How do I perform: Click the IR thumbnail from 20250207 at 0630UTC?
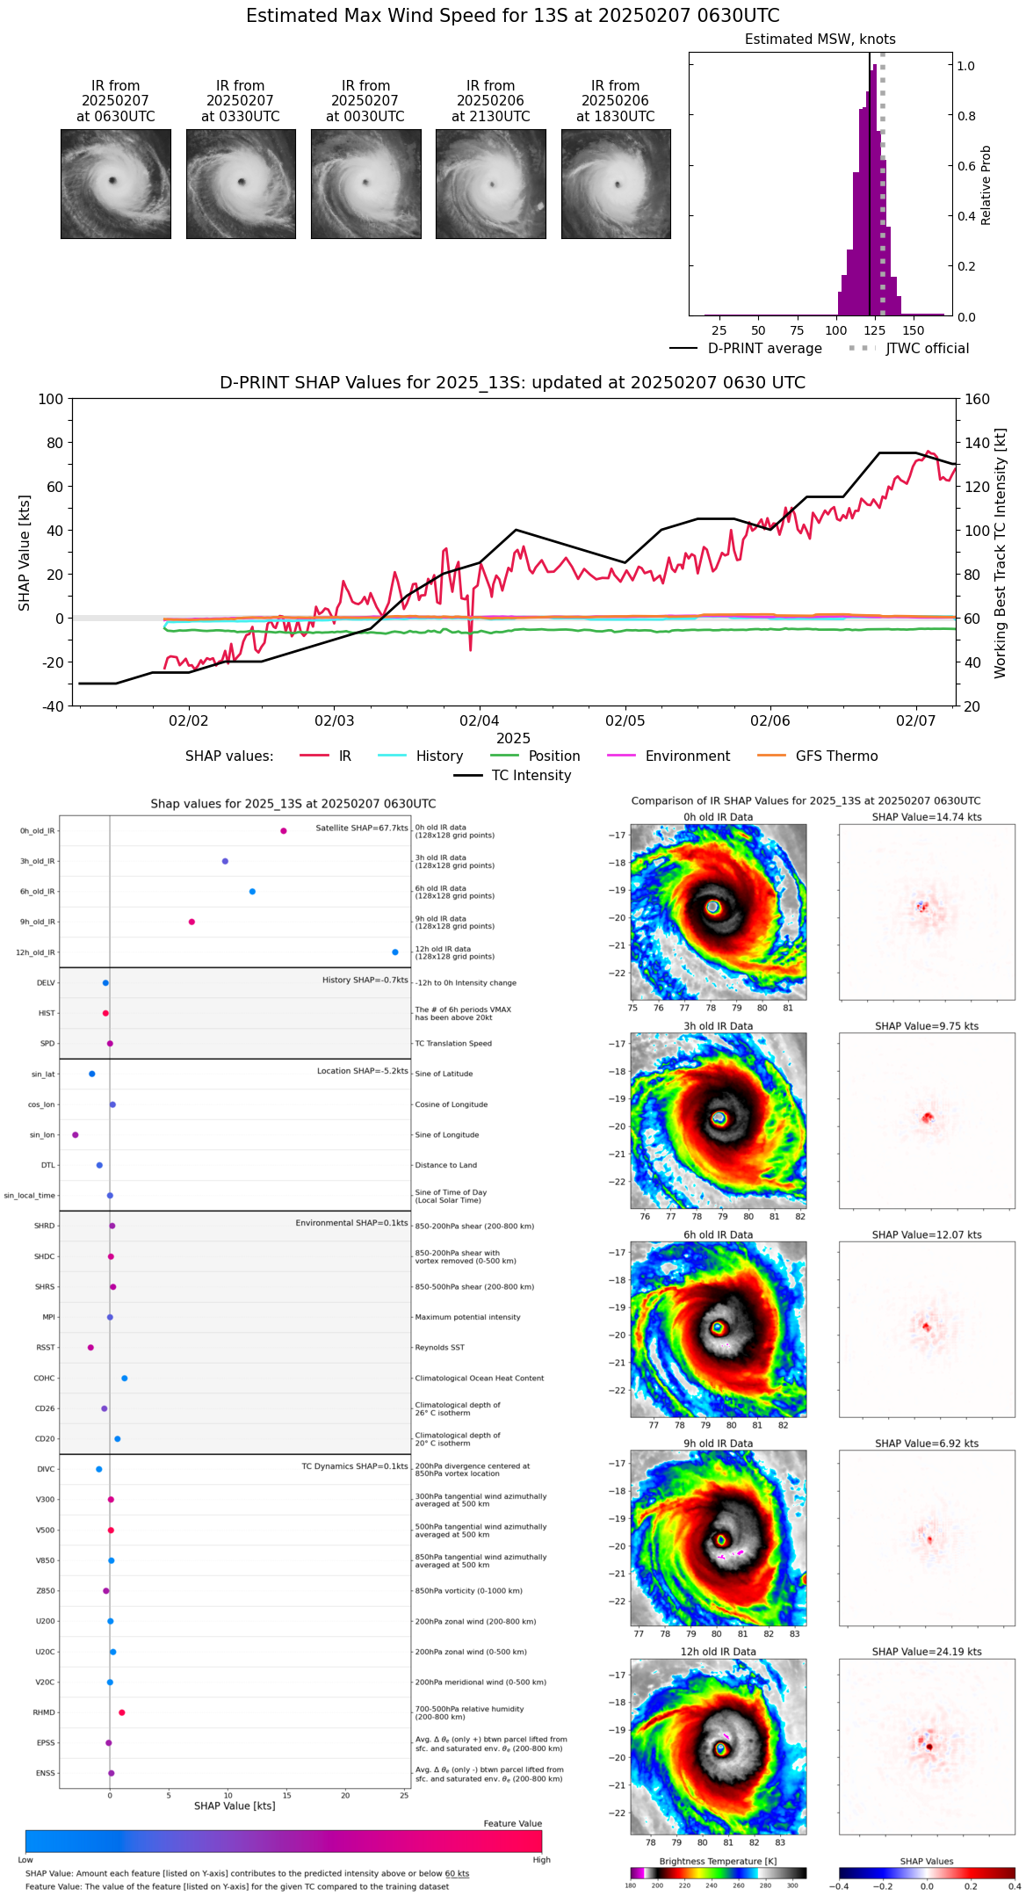(x=115, y=184)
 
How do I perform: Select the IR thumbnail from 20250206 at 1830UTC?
(x=616, y=184)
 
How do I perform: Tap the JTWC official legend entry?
(x=927, y=349)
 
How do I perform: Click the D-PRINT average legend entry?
(x=764, y=349)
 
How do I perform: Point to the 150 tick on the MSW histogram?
(x=914, y=331)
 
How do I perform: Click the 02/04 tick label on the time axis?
(x=480, y=721)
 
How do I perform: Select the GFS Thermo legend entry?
(x=836, y=756)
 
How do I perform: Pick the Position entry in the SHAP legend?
(x=553, y=756)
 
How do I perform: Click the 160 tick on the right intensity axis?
(x=977, y=400)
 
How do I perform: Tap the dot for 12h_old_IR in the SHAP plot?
(x=395, y=952)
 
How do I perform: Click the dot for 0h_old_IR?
(x=283, y=831)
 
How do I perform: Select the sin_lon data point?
(x=76, y=1135)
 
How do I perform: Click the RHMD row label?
(x=44, y=1712)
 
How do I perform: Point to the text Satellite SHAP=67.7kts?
(x=362, y=829)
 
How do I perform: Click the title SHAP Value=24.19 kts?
(x=927, y=1652)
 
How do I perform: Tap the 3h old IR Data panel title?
(x=718, y=1026)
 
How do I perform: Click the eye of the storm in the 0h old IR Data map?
(x=712, y=907)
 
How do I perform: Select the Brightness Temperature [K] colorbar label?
(x=718, y=1861)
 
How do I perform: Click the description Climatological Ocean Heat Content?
(x=480, y=1379)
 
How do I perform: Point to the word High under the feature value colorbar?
(x=541, y=1860)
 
